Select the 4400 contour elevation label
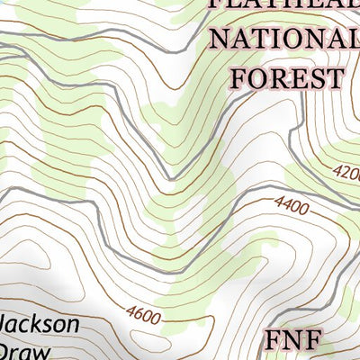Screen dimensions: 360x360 tap(290, 208)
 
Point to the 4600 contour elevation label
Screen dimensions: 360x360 tap(143, 315)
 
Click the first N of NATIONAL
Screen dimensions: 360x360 tap(220, 40)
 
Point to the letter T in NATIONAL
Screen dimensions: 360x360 tap(262, 40)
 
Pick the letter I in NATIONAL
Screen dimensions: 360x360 tap(278, 40)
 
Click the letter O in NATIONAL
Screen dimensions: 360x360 tap(295, 40)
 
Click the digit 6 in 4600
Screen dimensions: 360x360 tap(139, 315)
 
